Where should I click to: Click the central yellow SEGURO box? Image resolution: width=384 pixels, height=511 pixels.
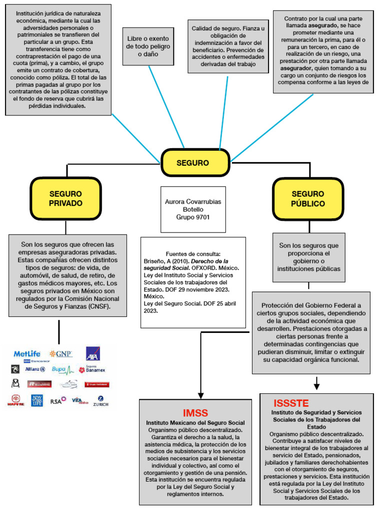(x=195, y=163)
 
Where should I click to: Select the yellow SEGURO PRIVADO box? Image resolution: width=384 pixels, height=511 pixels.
(x=65, y=199)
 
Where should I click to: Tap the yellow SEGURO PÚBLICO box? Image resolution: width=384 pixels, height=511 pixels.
(x=308, y=199)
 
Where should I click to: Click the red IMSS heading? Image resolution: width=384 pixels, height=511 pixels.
(x=195, y=413)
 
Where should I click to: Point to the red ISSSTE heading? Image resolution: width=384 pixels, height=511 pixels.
(x=291, y=403)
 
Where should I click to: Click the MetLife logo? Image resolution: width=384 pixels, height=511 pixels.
(x=26, y=354)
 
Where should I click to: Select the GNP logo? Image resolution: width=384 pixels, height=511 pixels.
(x=60, y=354)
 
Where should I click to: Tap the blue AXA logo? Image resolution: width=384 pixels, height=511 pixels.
(x=93, y=354)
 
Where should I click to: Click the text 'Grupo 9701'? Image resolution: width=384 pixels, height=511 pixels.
(x=193, y=218)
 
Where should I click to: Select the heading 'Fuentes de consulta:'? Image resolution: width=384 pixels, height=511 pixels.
(x=192, y=254)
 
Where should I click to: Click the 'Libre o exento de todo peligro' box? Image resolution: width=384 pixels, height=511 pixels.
(x=148, y=46)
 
